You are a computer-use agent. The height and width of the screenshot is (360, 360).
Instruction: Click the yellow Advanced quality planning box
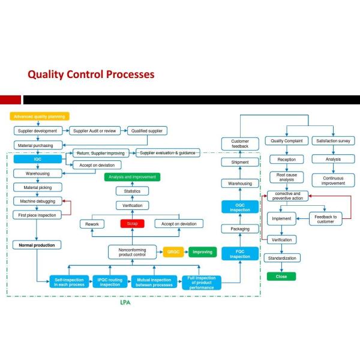[x=40, y=116]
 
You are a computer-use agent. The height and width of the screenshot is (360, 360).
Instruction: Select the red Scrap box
[x=133, y=224]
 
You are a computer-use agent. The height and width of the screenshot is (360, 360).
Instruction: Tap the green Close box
[x=281, y=277]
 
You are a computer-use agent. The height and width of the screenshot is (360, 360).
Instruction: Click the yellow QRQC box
[x=173, y=252]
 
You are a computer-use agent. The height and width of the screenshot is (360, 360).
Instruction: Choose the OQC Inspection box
[x=240, y=207]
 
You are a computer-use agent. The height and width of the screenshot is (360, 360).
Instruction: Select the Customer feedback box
[x=240, y=144]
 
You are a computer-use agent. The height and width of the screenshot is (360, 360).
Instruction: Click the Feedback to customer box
[x=326, y=219]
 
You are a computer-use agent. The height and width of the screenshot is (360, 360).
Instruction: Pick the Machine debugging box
[x=37, y=201]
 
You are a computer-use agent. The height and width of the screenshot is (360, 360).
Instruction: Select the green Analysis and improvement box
[x=133, y=177]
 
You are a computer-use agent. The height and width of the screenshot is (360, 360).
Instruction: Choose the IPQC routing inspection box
[x=110, y=281]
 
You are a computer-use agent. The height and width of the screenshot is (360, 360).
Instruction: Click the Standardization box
[x=281, y=258]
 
